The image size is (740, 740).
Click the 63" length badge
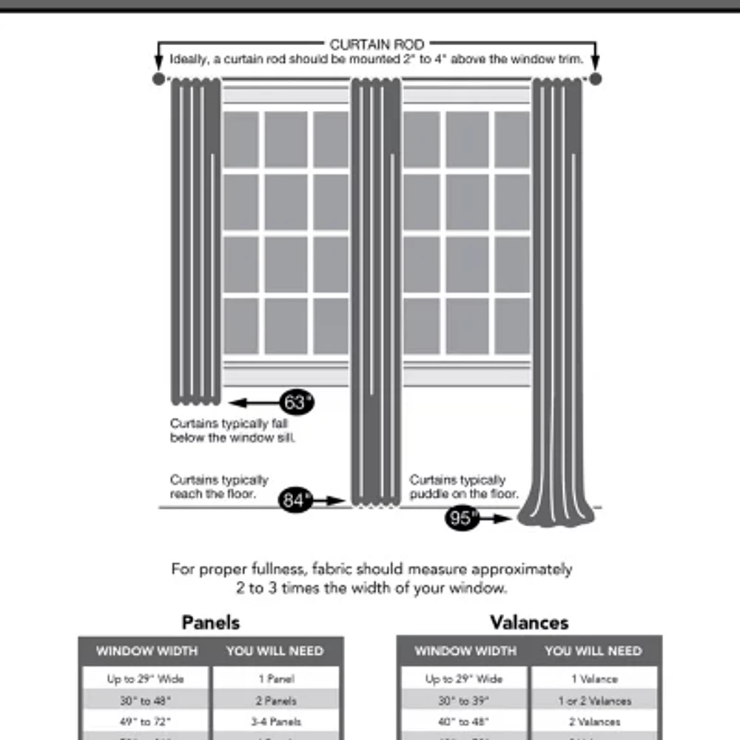pyautogui.click(x=296, y=403)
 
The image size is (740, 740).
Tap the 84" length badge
pyautogui.click(x=295, y=501)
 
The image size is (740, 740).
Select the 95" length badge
pyautogui.click(x=462, y=519)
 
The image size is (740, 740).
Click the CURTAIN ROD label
pyautogui.click(x=377, y=45)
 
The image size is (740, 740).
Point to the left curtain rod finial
pyautogui.click(x=158, y=78)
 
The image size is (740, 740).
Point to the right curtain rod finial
pyautogui.click(x=596, y=78)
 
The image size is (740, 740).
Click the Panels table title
pyautogui.click(x=211, y=622)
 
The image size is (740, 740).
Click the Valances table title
pyautogui.click(x=529, y=622)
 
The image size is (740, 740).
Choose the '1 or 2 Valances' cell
pyautogui.click(x=595, y=700)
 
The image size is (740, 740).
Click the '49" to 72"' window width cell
pyautogui.click(x=145, y=721)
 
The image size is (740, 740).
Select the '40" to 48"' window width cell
pyautogui.click(x=464, y=721)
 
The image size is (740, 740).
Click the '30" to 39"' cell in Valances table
pyautogui.click(x=464, y=700)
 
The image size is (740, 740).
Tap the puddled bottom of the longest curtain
pyautogui.click(x=556, y=515)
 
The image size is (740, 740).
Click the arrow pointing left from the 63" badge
pyautogui.click(x=252, y=403)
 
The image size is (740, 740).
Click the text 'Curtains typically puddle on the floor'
pyautogui.click(x=463, y=487)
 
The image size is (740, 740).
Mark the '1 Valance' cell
pyautogui.click(x=595, y=679)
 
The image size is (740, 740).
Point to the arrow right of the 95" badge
pyautogui.click(x=496, y=519)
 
